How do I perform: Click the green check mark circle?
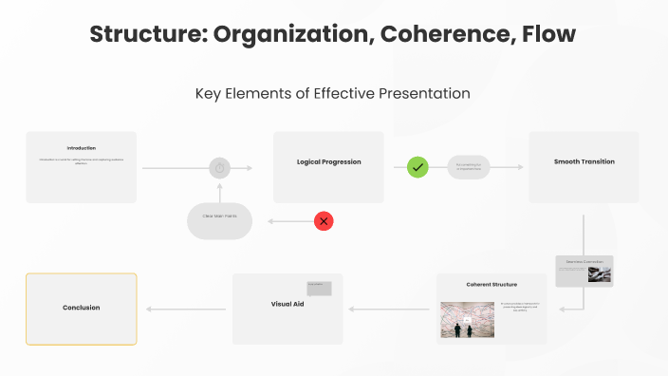[x=417, y=167]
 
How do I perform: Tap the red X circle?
[x=324, y=221]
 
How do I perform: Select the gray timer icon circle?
[x=219, y=168]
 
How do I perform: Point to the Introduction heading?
[x=81, y=148]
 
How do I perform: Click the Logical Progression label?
[x=328, y=162]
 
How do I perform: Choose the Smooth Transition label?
[x=584, y=162]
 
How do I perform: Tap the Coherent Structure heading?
[x=492, y=285]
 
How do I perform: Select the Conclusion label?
[x=81, y=308]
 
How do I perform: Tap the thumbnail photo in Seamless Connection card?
[x=599, y=274]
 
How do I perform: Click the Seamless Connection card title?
[x=584, y=261]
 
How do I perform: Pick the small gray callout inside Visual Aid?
[x=319, y=288]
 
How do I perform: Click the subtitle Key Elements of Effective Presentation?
[x=333, y=94]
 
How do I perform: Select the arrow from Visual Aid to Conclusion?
[x=186, y=309]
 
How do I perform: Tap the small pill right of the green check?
[x=469, y=167]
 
